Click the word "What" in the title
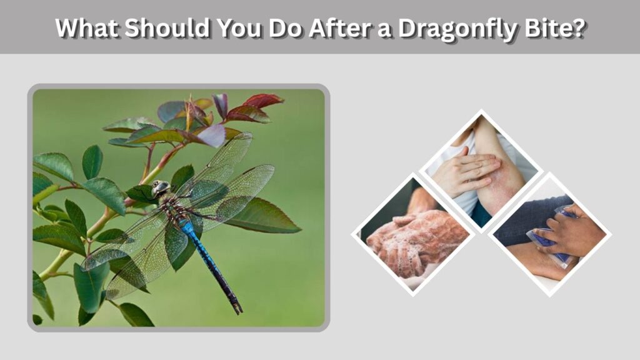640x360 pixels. (87, 27)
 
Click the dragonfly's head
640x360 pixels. (161, 188)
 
